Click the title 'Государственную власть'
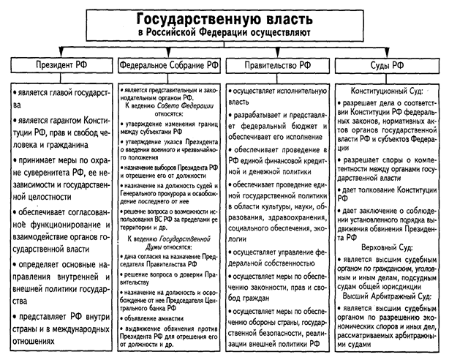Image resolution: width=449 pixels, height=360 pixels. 225,18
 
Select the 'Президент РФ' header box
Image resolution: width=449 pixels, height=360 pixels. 58,66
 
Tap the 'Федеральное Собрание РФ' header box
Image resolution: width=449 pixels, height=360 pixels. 167,66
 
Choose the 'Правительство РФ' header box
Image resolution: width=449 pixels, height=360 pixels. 277,66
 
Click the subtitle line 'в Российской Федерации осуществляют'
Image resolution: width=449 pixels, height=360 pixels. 225,34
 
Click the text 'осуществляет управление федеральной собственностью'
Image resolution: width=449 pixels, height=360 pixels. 278,257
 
